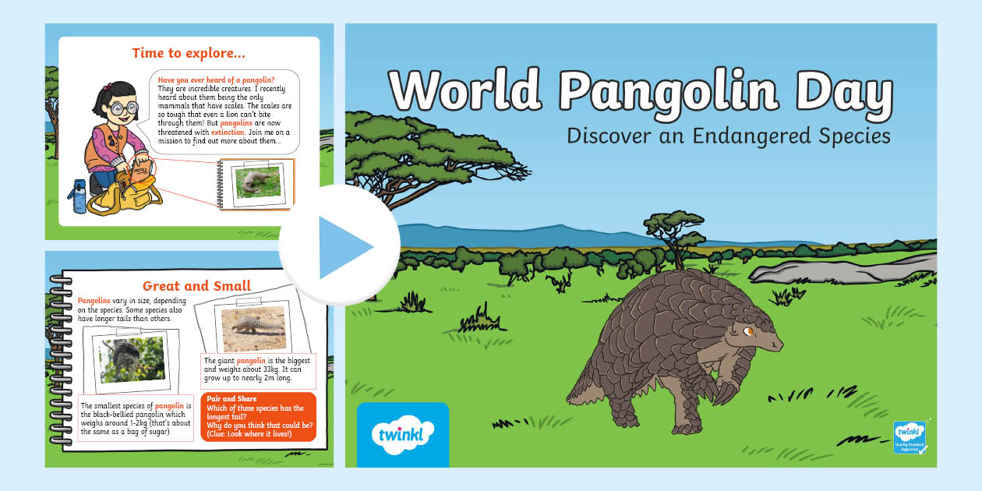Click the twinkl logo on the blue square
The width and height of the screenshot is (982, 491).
point(402,433)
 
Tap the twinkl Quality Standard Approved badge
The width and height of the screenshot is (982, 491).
point(909,437)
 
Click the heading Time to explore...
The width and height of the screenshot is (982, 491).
point(189,53)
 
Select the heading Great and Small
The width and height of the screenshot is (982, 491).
point(196,285)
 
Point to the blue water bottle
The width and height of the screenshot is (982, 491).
point(80,196)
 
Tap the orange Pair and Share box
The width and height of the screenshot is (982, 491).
point(258,416)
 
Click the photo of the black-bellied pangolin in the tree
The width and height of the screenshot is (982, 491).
point(132,359)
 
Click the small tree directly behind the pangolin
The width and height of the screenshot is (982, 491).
point(668,233)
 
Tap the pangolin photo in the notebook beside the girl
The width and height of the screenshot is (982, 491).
point(258,182)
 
